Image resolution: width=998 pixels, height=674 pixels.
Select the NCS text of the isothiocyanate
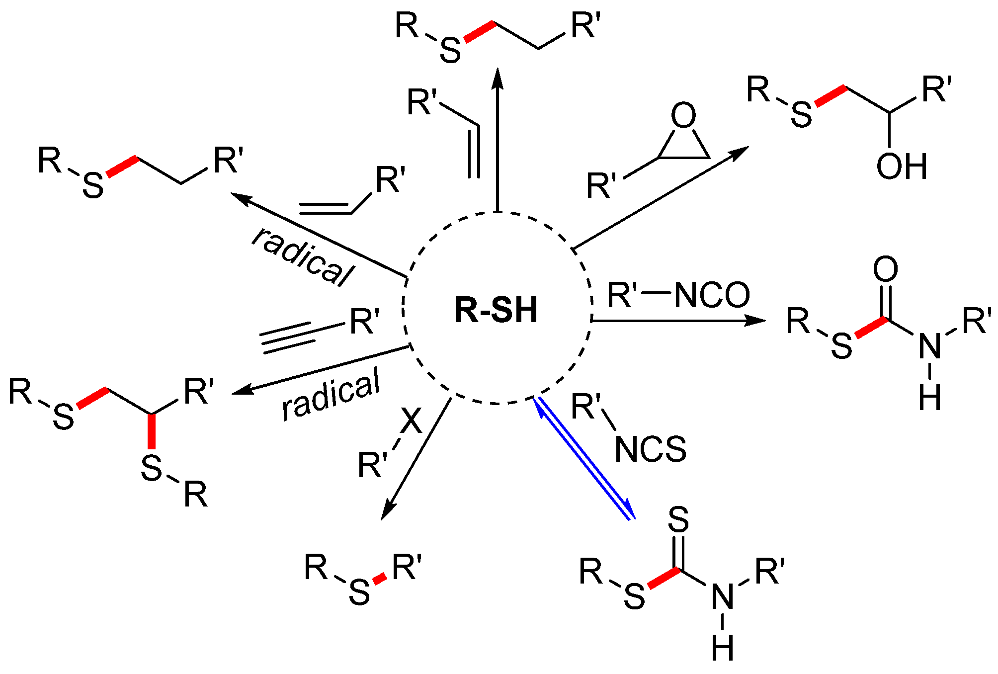[650, 450]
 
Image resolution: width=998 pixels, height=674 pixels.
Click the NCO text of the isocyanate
[712, 295]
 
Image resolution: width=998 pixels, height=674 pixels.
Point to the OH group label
[902, 167]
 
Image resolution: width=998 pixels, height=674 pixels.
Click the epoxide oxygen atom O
[683, 115]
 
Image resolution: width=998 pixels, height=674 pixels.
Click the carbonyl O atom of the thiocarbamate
[885, 269]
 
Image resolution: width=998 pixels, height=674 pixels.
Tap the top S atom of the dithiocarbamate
[678, 520]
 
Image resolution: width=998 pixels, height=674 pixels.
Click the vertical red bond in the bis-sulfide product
[152, 430]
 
